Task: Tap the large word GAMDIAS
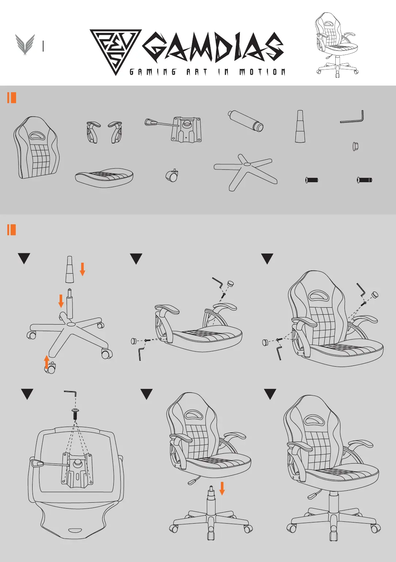[x=213, y=48]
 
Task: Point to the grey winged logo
[x=25, y=45]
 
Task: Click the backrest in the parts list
[x=36, y=147]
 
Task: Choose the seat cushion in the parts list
[x=104, y=177]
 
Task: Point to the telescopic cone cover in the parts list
[x=300, y=126]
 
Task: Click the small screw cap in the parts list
[x=355, y=146]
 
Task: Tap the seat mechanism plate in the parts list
[x=176, y=129]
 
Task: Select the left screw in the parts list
[x=312, y=180]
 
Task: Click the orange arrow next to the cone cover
[x=82, y=269]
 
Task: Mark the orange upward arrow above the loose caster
[x=47, y=361]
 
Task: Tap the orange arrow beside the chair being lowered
[x=222, y=488]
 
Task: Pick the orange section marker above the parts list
[x=12, y=98]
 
